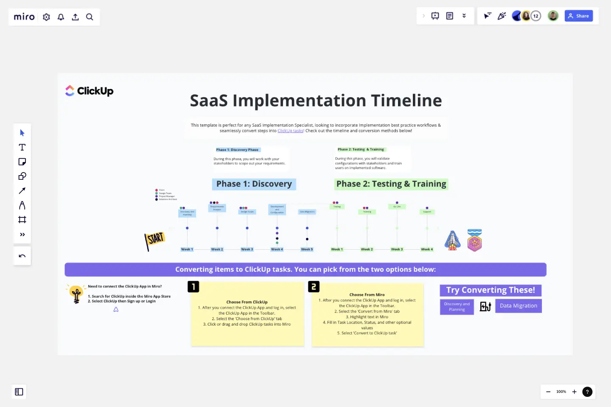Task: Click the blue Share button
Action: (x=578, y=16)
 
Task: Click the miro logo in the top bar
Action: (x=24, y=17)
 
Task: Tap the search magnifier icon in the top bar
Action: (x=90, y=17)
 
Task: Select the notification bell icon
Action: (x=61, y=17)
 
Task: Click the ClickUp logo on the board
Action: (x=89, y=91)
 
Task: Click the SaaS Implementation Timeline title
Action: (x=316, y=100)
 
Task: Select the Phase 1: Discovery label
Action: (x=254, y=184)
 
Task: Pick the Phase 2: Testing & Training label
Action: (x=391, y=184)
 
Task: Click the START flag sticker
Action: (x=154, y=240)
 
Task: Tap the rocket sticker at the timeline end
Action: (x=452, y=240)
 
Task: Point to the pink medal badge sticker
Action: (x=474, y=240)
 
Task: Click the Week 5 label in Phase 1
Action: (x=307, y=249)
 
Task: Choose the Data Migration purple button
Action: (x=518, y=306)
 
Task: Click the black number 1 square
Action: (x=193, y=287)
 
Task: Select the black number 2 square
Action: (x=314, y=287)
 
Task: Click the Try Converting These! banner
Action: (x=490, y=290)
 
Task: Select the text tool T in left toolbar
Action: (x=22, y=147)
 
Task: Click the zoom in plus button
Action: (x=574, y=392)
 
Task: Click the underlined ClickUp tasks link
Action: (x=290, y=131)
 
